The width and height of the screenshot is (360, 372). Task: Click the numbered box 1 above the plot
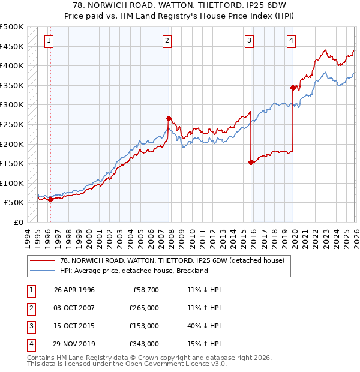pos(49,41)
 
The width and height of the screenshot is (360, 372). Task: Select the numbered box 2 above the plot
pos(167,41)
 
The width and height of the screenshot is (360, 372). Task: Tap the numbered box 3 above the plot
pos(249,41)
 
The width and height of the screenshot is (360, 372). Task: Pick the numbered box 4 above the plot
pos(291,41)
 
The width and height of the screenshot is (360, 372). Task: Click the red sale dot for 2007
pos(169,118)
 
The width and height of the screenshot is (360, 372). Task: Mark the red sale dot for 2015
pos(251,162)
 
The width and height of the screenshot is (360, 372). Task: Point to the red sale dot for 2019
pos(293,88)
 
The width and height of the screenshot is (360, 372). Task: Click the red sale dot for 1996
pos(50,199)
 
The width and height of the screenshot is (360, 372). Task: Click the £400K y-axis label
pos(12,65)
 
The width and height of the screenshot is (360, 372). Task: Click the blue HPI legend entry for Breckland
pos(133,271)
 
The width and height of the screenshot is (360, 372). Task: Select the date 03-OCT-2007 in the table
pos(74,308)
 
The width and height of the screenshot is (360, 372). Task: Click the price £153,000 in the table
pos(144,326)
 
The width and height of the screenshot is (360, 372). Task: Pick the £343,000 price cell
pos(144,344)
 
